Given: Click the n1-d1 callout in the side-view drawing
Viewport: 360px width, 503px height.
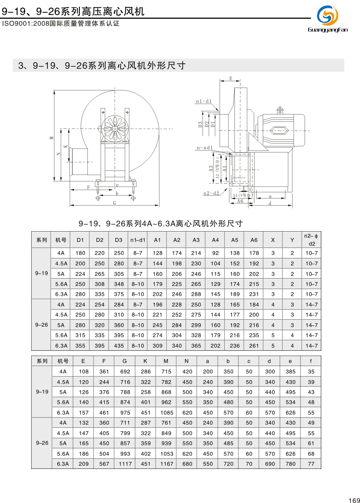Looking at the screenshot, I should pyautogui.click(x=204, y=101).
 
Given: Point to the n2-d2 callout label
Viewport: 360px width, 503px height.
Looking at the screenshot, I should pyautogui.click(x=211, y=193).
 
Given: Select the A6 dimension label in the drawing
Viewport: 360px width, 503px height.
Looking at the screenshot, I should pyautogui.click(x=240, y=201).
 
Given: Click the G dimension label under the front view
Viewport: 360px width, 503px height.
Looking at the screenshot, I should pyautogui.click(x=115, y=203).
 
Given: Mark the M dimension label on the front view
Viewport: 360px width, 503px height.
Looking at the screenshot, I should pyautogui.click(x=51, y=138).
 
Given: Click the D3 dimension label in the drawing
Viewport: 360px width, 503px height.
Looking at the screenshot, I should pyautogui.click(x=200, y=124).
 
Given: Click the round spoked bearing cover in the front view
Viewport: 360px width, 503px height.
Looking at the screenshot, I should pyautogui.click(x=115, y=129).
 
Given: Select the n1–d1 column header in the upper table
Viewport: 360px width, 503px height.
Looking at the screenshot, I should pyautogui.click(x=138, y=240).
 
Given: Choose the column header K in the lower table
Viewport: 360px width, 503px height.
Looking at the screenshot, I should pyautogui.click(x=145, y=361).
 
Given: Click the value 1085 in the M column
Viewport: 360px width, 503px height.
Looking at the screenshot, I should pyautogui.click(x=167, y=413).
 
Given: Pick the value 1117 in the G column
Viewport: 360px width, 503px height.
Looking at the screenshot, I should pyautogui.click(x=125, y=464).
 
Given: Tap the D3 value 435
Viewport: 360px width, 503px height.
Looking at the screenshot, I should pyautogui.click(x=119, y=346).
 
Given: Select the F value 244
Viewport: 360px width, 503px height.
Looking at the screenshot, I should pyautogui.click(x=104, y=382).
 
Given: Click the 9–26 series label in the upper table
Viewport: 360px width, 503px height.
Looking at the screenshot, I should pyautogui.click(x=42, y=325).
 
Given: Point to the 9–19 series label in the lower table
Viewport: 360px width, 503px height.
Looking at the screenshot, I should pyautogui.click(x=42, y=392).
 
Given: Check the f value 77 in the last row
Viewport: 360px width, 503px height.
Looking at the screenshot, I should pyautogui.click(x=311, y=464).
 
